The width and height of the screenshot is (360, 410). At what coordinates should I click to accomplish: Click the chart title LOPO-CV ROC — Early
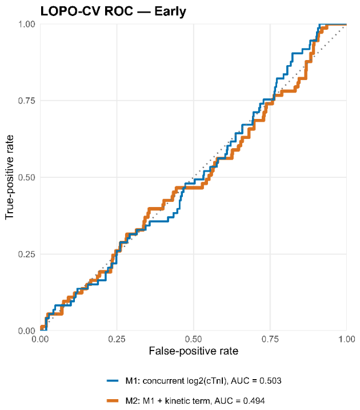click(113, 11)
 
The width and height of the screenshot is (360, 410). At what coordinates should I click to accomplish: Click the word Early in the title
click(170, 11)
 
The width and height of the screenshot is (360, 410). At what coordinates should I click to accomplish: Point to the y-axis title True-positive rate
click(9, 177)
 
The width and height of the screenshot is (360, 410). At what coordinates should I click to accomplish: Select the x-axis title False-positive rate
click(194, 351)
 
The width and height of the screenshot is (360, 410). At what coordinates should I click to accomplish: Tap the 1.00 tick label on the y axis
click(27, 24)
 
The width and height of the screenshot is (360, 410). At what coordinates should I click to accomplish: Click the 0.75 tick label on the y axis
click(27, 101)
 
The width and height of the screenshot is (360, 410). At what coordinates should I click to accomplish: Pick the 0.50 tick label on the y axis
click(27, 177)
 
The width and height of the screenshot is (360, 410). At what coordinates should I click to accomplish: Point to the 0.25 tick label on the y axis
click(27, 254)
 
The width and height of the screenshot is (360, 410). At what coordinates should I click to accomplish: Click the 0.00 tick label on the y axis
click(27, 331)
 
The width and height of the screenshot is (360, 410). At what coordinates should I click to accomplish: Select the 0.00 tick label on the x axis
click(40, 339)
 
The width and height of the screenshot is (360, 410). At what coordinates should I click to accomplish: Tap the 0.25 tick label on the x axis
click(117, 339)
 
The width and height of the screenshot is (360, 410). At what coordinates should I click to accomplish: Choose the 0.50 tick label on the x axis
click(194, 339)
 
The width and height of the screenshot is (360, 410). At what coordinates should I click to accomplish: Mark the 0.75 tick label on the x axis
click(270, 339)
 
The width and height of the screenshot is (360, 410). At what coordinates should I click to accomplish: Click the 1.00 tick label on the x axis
click(347, 339)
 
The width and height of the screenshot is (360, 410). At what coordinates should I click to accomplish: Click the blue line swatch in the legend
click(113, 381)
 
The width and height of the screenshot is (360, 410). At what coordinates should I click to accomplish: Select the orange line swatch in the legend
click(113, 401)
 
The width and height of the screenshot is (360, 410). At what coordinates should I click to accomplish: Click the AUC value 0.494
click(254, 401)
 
